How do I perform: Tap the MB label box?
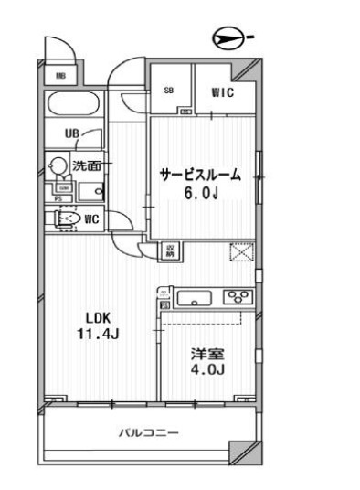pos(61,76)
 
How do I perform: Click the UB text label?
pos(71,134)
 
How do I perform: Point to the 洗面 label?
pos(87,165)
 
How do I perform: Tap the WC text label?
pos(92,219)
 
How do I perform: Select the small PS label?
pos(58,198)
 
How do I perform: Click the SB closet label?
pos(169,91)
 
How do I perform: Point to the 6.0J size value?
pos(201,193)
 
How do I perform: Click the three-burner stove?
pos(238,297)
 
